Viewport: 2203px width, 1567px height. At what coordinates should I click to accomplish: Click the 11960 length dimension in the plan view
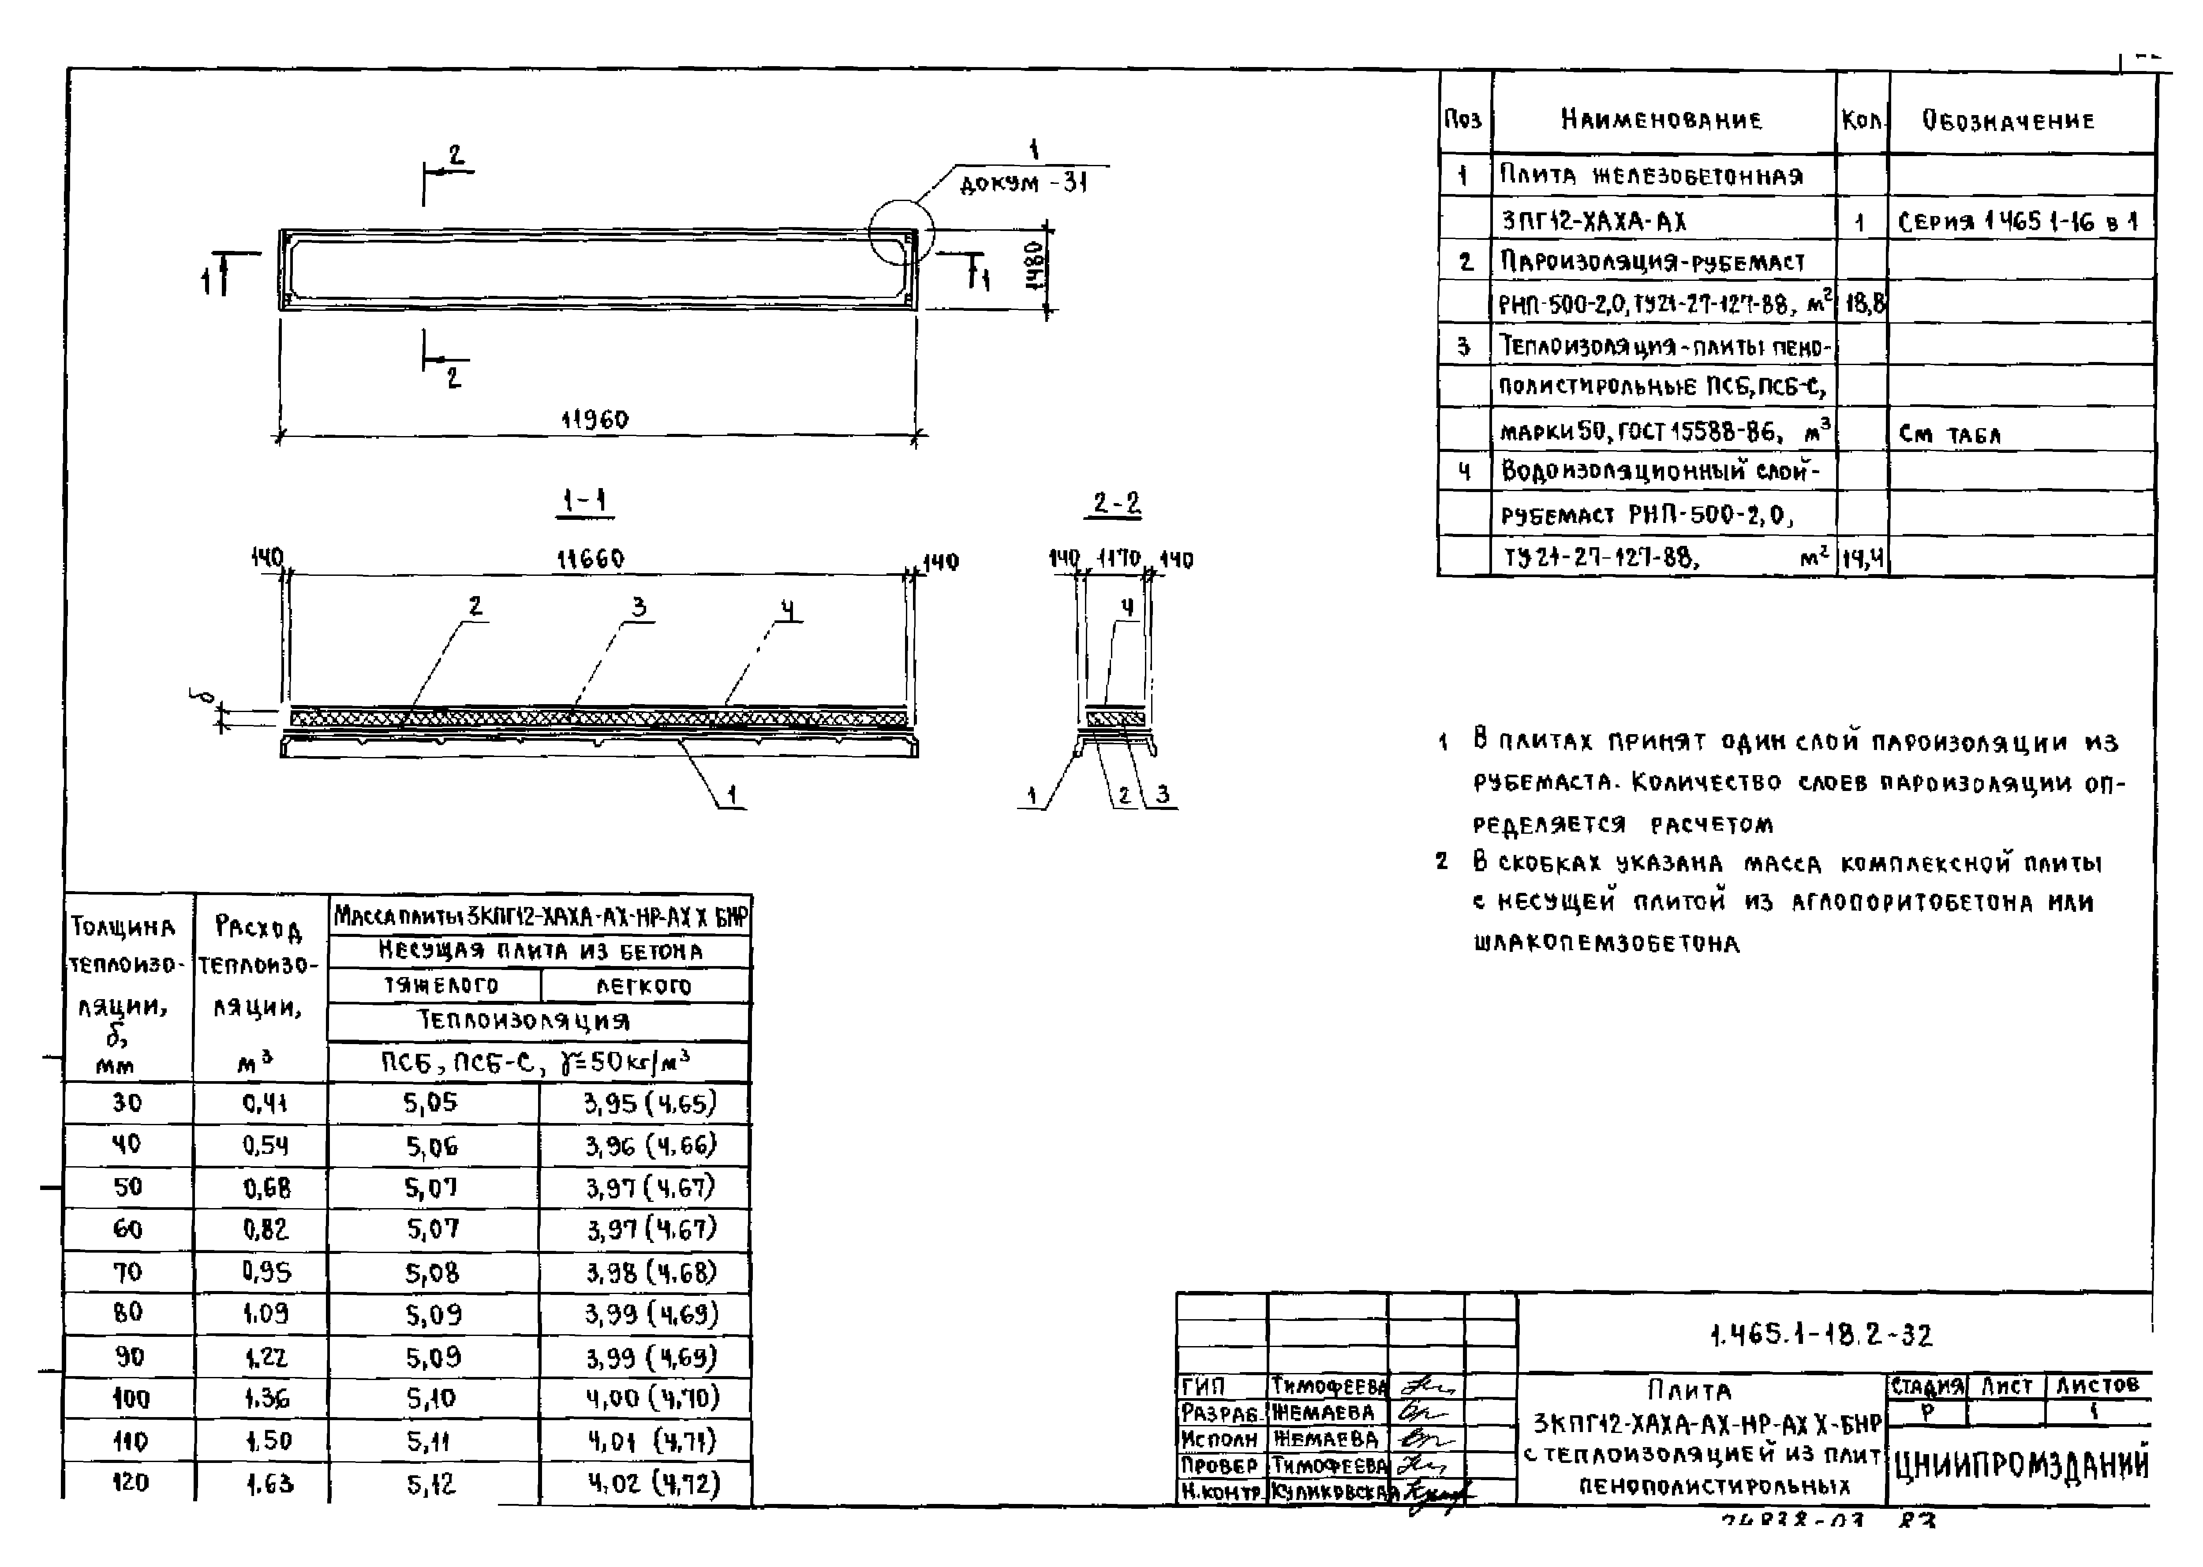tap(595, 420)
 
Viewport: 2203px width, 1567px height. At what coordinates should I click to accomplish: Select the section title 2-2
tap(1116, 503)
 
